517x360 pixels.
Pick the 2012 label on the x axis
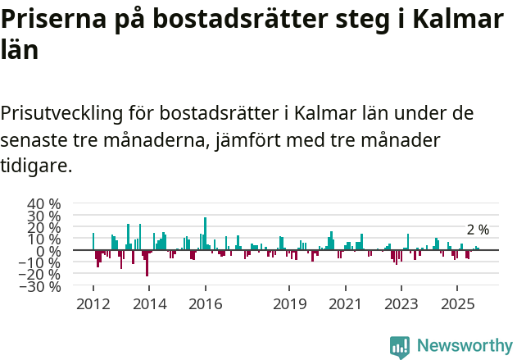[x=93, y=304]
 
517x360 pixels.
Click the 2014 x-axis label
[x=149, y=304]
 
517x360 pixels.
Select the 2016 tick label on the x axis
[x=205, y=304]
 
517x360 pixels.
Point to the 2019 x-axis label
[x=289, y=304]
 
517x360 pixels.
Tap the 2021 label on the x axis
[x=345, y=304]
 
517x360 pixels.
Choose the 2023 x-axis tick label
[x=401, y=304]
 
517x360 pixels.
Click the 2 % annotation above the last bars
[x=478, y=230]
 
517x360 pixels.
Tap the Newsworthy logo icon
[x=400, y=346]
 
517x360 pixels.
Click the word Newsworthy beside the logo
[x=464, y=346]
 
